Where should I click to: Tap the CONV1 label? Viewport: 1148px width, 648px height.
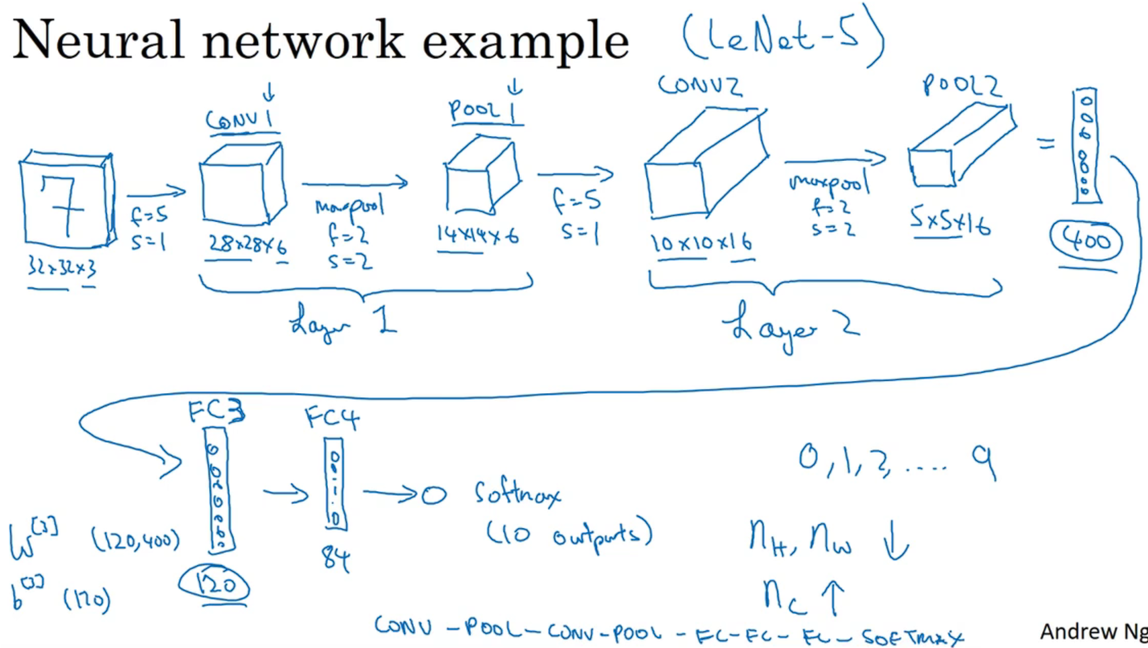pos(240,120)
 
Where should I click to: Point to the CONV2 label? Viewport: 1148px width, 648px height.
pos(699,86)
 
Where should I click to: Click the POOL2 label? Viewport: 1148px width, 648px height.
pos(962,86)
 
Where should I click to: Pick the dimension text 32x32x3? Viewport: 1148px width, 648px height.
pos(62,267)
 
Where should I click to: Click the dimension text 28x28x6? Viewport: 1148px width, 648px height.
pos(248,245)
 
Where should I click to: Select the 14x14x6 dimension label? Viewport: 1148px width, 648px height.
pos(477,235)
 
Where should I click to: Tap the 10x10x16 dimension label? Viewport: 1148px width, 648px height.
pos(701,243)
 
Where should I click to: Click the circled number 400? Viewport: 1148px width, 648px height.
pos(1086,240)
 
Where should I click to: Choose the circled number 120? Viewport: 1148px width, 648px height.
pos(214,585)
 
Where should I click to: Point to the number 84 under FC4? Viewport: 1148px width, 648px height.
pos(335,558)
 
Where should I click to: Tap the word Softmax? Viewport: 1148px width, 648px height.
pos(517,492)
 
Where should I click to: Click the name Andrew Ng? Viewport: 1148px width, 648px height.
pos(1092,632)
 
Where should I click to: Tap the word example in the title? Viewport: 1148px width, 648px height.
pos(526,42)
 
